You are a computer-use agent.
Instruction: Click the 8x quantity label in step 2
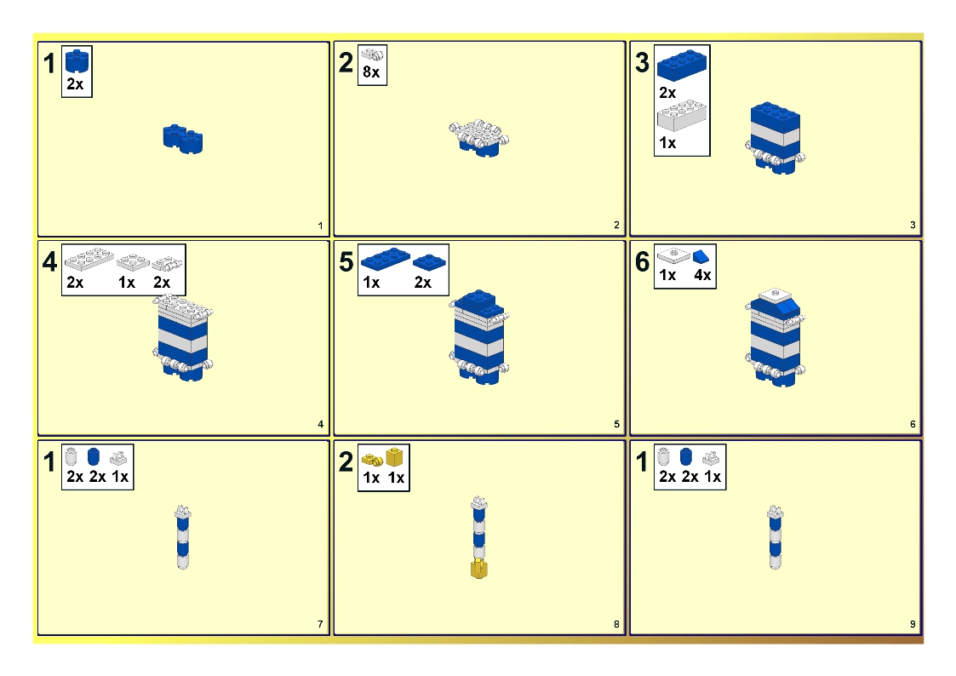point(371,73)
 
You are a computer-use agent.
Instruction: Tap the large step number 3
point(643,63)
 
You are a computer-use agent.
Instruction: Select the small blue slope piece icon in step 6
point(701,255)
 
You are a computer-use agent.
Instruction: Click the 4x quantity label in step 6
point(702,277)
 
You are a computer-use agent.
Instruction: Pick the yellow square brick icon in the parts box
point(394,457)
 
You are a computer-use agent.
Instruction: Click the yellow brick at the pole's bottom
point(478,569)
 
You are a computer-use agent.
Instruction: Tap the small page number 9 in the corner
point(913,625)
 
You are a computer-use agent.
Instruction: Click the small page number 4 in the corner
point(320,424)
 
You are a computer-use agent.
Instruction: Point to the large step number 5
point(346,262)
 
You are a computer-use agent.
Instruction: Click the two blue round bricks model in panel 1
point(183,139)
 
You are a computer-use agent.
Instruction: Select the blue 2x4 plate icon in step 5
point(385,256)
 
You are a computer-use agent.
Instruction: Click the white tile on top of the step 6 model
point(773,295)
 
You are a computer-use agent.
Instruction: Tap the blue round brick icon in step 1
point(76,61)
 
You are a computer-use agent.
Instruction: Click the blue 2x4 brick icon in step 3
point(682,65)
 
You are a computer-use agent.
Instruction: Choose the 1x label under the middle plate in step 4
point(127,283)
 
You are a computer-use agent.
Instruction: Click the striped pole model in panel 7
point(181,538)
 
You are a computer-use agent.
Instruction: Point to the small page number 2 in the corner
point(616,226)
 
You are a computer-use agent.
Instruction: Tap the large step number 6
point(643,262)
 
